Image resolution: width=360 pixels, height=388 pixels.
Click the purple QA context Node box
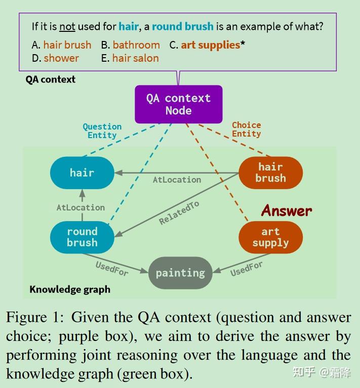point(178,104)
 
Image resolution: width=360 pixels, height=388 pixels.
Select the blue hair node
point(82,173)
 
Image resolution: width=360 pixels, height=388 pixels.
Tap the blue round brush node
point(82,237)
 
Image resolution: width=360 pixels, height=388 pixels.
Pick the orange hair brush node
point(270,173)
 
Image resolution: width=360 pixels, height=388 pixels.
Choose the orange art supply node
point(270,237)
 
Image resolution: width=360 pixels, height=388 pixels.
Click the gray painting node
point(180,273)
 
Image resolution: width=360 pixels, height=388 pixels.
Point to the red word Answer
point(287,210)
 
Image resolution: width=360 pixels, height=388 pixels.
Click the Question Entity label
point(102,131)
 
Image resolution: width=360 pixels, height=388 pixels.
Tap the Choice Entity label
point(247,130)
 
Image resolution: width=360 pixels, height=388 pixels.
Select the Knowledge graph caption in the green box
point(70,289)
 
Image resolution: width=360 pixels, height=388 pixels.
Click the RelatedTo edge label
point(179,212)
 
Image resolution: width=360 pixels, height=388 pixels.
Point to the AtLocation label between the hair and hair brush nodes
point(177,180)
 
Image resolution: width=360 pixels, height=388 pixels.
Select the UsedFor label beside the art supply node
point(247,269)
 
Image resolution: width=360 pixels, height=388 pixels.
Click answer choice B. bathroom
point(130,45)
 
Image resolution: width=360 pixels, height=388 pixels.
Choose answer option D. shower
point(55,58)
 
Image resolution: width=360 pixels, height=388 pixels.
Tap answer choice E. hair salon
point(130,58)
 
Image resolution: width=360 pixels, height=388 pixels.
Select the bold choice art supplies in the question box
point(210,45)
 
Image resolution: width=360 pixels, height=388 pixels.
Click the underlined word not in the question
point(67,26)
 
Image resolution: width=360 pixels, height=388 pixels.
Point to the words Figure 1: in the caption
point(35,318)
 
